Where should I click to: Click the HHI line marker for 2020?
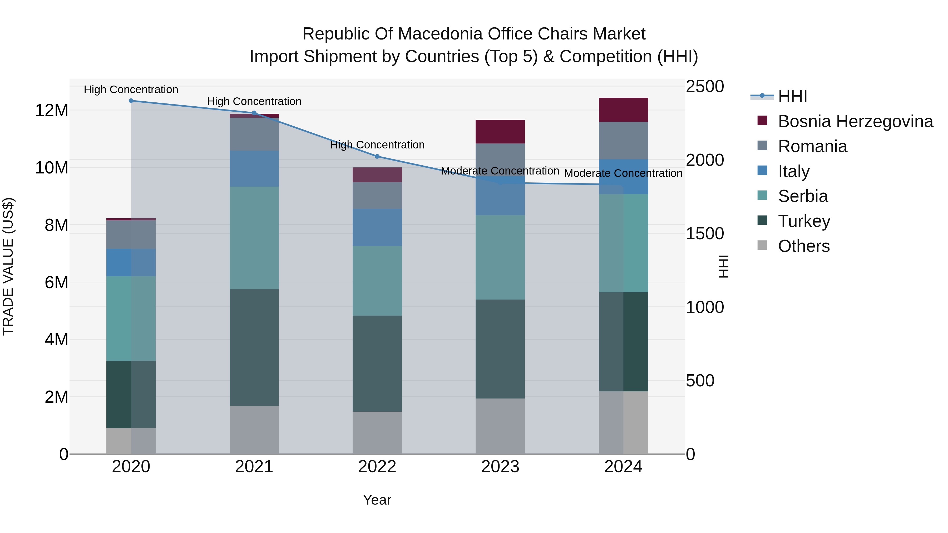(x=131, y=101)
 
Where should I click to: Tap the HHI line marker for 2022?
(x=377, y=156)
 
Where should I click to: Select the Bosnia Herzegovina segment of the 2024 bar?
(x=623, y=109)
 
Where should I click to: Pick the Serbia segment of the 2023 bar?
(x=500, y=257)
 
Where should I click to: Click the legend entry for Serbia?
(x=802, y=196)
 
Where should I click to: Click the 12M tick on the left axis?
(x=52, y=110)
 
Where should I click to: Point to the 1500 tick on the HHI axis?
(x=705, y=233)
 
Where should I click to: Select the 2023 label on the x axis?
(x=500, y=467)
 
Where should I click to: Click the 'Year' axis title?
(x=377, y=500)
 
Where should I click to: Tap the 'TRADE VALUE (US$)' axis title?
(x=8, y=266)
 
